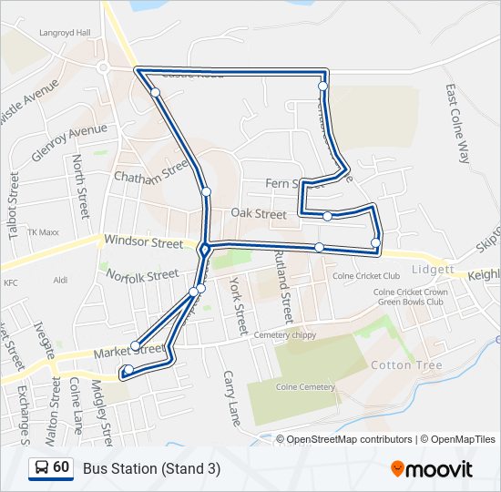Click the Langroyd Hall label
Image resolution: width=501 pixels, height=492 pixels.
point(65,32)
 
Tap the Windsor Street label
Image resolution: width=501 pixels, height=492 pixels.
point(143,242)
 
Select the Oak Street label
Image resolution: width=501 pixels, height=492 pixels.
point(258,213)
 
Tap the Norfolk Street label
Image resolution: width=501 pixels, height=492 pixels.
point(141,274)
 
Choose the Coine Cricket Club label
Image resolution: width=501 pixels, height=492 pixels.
point(366,276)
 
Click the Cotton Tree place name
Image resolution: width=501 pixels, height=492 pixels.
point(406,365)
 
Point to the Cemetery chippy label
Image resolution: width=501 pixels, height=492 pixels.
point(284,334)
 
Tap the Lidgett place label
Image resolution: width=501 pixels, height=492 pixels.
point(433,271)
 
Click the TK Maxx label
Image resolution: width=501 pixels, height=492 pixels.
point(43,232)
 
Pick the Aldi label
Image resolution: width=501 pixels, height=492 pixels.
point(61,281)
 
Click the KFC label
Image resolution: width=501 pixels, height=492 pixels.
point(11,283)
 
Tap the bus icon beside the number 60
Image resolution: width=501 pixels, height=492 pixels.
point(41,467)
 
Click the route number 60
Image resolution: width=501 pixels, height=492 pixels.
point(61,467)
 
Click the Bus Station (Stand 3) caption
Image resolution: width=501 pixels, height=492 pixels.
point(151,468)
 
